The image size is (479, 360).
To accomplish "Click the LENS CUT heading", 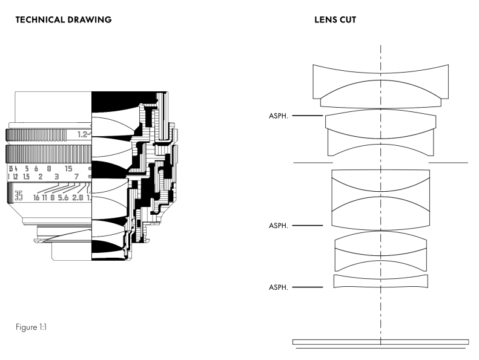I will [x=335, y=20].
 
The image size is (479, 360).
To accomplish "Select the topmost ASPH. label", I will [x=279, y=116].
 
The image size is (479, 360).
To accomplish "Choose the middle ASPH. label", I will [x=279, y=226].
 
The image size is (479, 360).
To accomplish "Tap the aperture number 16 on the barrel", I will [x=37, y=197].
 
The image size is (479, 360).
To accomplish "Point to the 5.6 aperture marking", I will [x=64, y=197].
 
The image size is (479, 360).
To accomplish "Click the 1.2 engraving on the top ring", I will [x=83, y=134].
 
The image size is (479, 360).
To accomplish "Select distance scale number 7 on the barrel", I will [x=77, y=177].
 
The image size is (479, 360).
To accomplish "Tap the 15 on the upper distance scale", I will [x=68, y=169].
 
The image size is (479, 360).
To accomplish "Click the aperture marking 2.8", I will [x=78, y=197].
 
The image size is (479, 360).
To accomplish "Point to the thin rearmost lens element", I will [x=381, y=281].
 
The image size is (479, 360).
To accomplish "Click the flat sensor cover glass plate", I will [x=380, y=342].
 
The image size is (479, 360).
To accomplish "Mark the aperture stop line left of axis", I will [x=312, y=163].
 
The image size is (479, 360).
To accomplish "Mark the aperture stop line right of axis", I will [x=448, y=163].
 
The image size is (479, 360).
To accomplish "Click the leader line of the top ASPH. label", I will [x=307, y=116].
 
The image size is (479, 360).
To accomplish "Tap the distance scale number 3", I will [x=56, y=177].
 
